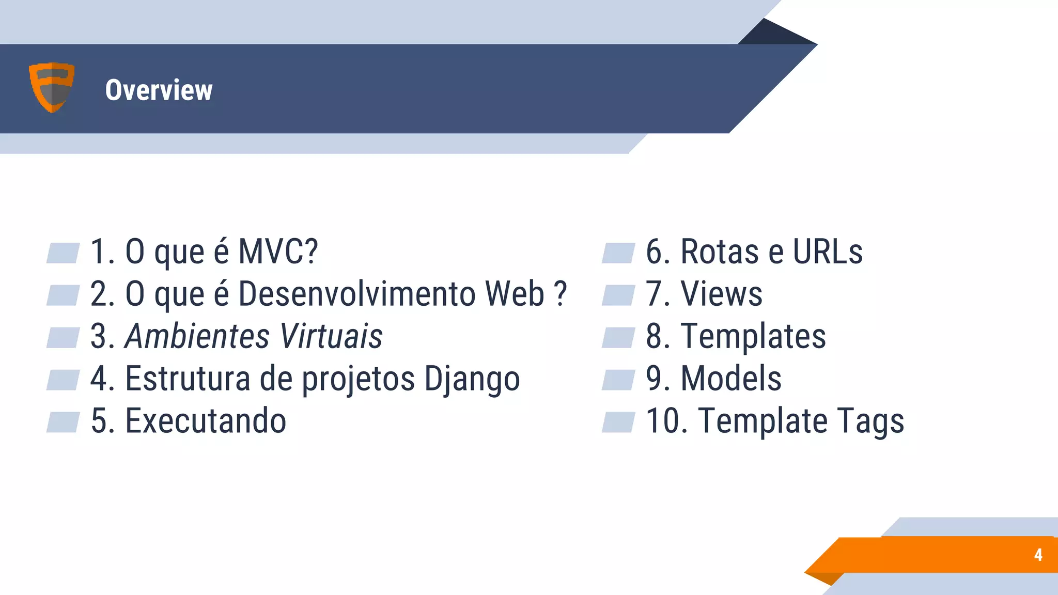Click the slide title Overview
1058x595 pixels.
(x=159, y=90)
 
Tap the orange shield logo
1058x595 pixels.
(x=52, y=87)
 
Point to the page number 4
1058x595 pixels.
(x=1038, y=555)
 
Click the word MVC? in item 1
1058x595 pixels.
(x=278, y=252)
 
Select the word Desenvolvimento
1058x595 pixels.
(x=357, y=294)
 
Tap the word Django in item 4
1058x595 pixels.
(x=472, y=380)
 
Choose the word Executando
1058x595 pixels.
(x=206, y=421)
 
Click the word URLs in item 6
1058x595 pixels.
(x=828, y=252)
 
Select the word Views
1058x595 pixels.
(x=721, y=294)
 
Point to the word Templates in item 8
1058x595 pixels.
(x=753, y=337)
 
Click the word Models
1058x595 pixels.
(x=731, y=379)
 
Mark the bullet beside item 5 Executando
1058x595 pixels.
(x=63, y=422)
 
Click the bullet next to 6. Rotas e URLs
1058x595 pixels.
(x=618, y=253)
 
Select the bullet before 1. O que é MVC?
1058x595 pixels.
(x=63, y=253)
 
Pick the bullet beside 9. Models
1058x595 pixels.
(x=618, y=380)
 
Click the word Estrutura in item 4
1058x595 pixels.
(x=188, y=379)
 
